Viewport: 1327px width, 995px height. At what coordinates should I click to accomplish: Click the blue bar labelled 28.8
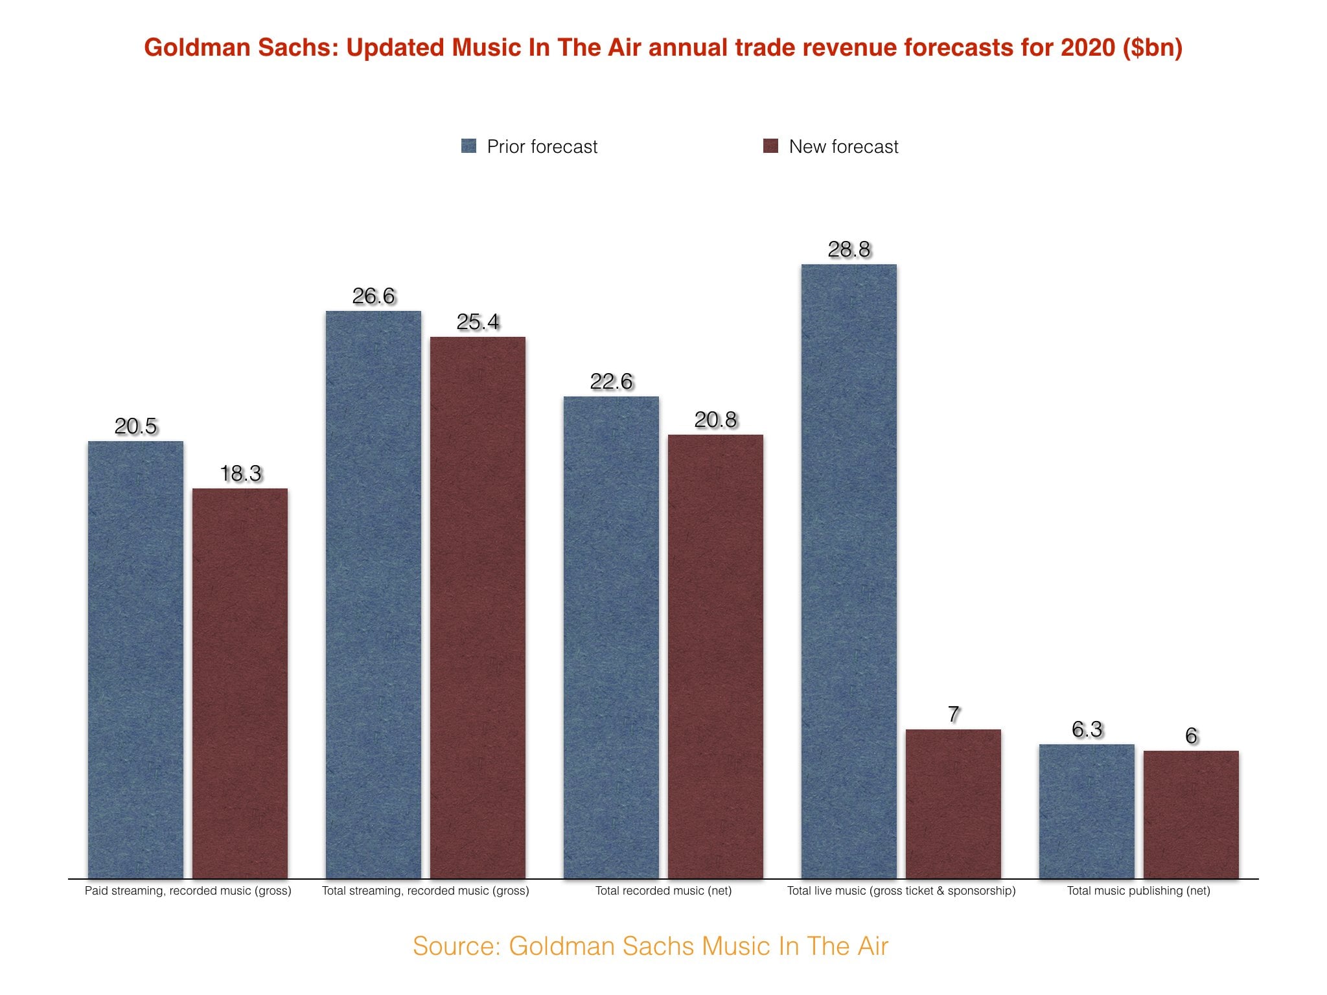pyautogui.click(x=849, y=570)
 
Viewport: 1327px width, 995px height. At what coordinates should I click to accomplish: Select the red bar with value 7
pyautogui.click(x=953, y=803)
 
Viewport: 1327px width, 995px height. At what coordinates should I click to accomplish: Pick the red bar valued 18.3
pyautogui.click(x=240, y=683)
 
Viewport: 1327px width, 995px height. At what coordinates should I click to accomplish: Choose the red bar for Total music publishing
pyautogui.click(x=1191, y=814)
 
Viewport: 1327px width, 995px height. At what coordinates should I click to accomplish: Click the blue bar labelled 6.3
pyautogui.click(x=1087, y=811)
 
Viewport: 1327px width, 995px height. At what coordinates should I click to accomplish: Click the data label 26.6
pyautogui.click(x=373, y=296)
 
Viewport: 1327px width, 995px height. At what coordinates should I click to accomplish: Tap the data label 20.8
pyautogui.click(x=715, y=420)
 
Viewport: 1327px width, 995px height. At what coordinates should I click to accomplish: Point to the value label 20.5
pyautogui.click(x=135, y=426)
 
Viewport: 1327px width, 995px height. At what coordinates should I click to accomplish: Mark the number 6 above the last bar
pyautogui.click(x=1191, y=735)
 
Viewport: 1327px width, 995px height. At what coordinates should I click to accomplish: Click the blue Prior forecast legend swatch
pyautogui.click(x=468, y=146)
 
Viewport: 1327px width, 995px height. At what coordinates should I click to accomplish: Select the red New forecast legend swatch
pyautogui.click(x=770, y=146)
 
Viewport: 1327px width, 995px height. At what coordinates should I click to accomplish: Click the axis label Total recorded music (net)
pyautogui.click(x=663, y=891)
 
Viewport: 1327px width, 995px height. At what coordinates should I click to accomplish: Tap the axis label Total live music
pyautogui.click(x=901, y=891)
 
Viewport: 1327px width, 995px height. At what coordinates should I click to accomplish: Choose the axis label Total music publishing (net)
pyautogui.click(x=1138, y=891)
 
